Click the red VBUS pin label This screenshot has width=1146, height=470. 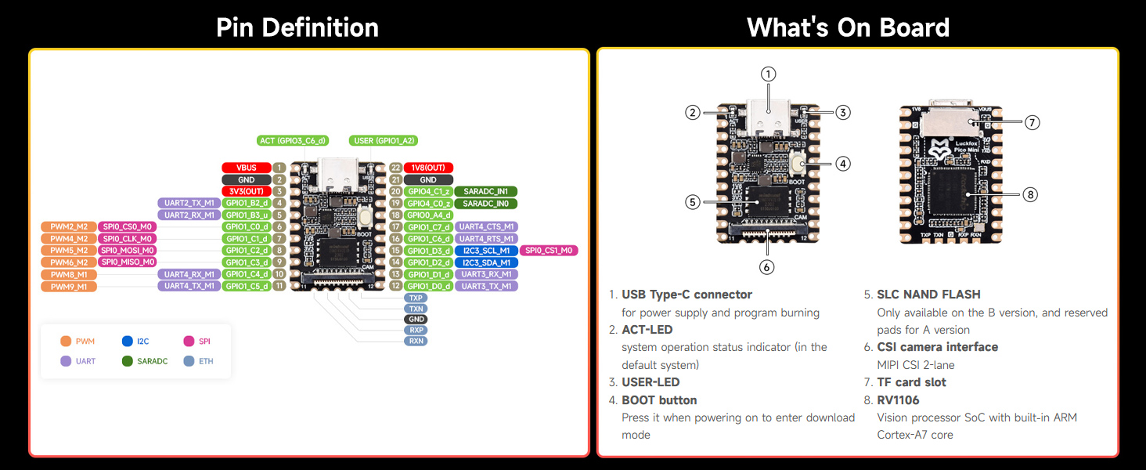point(247,168)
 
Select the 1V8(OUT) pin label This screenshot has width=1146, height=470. point(428,168)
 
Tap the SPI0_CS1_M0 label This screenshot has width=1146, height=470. point(549,251)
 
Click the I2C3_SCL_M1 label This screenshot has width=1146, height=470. point(486,251)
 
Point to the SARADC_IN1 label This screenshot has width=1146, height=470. point(486,191)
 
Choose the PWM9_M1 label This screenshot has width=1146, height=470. point(69,287)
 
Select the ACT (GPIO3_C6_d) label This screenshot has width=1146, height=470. point(293,141)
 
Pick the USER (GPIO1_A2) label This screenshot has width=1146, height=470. point(384,141)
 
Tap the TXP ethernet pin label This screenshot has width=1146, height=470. point(416,298)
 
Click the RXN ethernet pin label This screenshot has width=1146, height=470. point(416,341)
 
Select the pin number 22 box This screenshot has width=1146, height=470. point(395,168)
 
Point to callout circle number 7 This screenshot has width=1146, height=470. point(1031,122)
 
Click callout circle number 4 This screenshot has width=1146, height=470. point(842,164)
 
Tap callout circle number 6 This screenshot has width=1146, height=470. point(766,266)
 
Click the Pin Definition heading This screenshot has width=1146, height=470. point(297,28)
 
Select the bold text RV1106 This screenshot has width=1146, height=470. point(898,400)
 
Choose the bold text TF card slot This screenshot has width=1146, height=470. point(911,382)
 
